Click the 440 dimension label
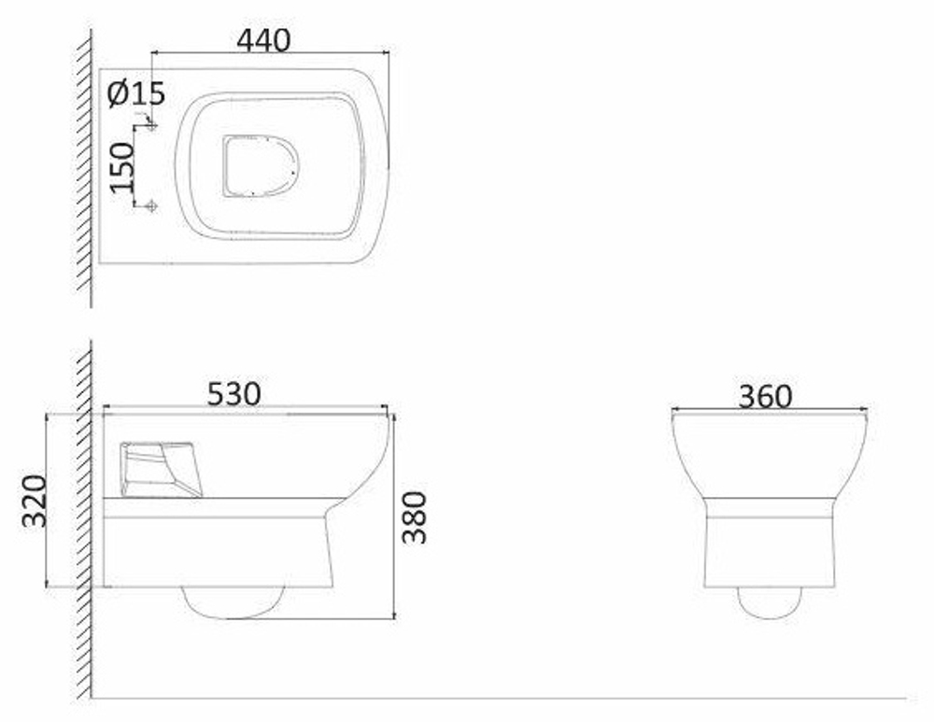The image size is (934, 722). [x=263, y=40]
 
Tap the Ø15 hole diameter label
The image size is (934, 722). [x=136, y=93]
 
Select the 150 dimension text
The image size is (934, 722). [x=122, y=167]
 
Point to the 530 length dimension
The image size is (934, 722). [x=233, y=394]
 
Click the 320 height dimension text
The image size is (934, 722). [x=34, y=501]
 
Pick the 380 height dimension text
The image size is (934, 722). [x=414, y=517]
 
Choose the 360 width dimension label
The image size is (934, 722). [x=766, y=397]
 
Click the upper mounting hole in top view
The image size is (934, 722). [x=152, y=125]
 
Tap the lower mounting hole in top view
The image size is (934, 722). [x=152, y=205]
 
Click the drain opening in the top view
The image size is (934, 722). [x=261, y=166]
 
